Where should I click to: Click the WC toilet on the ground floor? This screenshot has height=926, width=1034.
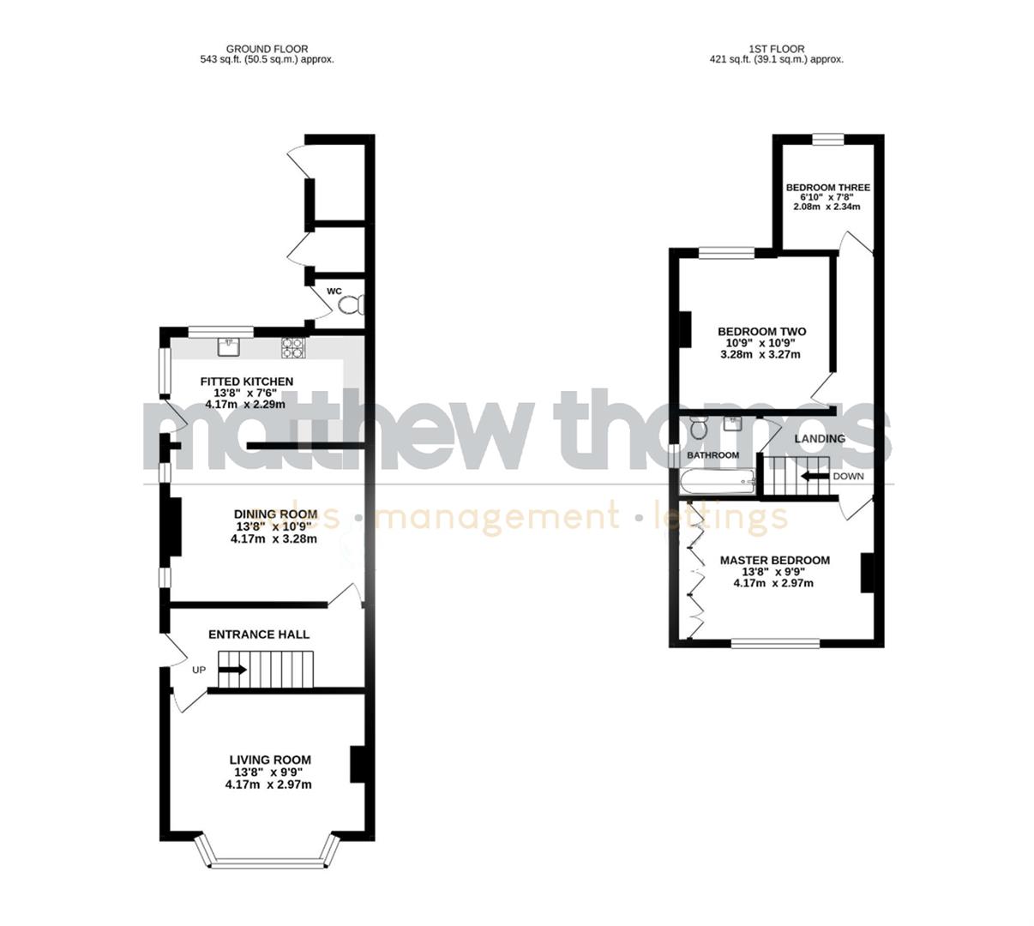pyautogui.click(x=356, y=305)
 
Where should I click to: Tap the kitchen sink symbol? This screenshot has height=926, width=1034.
pyautogui.click(x=229, y=346)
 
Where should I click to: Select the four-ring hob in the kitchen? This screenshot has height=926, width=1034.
pyautogui.click(x=292, y=347)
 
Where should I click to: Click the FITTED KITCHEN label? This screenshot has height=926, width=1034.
pyautogui.click(x=246, y=382)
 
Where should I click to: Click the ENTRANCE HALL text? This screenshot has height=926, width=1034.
pyautogui.click(x=259, y=634)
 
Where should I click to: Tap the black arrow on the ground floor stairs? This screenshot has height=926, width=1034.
pyautogui.click(x=232, y=670)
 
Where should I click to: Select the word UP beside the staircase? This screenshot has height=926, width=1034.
pyautogui.click(x=198, y=670)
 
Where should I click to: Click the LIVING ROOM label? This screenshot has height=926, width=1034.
pyautogui.click(x=269, y=760)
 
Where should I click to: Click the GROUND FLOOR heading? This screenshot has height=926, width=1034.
pyautogui.click(x=267, y=49)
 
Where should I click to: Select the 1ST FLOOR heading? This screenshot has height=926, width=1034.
pyautogui.click(x=776, y=49)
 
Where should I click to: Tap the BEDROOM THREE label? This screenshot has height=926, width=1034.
pyautogui.click(x=827, y=188)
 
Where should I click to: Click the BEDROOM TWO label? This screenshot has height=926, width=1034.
pyautogui.click(x=761, y=332)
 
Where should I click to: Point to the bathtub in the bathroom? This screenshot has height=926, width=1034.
pyautogui.click(x=718, y=482)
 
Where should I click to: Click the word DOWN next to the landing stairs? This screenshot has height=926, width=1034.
pyautogui.click(x=848, y=477)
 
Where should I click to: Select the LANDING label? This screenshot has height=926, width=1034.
pyautogui.click(x=819, y=439)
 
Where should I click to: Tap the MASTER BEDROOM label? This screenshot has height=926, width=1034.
pyautogui.click(x=774, y=561)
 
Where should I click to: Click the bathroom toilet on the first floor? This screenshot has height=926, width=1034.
pyautogui.click(x=697, y=425)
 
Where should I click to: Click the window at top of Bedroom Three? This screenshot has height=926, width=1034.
pyautogui.click(x=828, y=140)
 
